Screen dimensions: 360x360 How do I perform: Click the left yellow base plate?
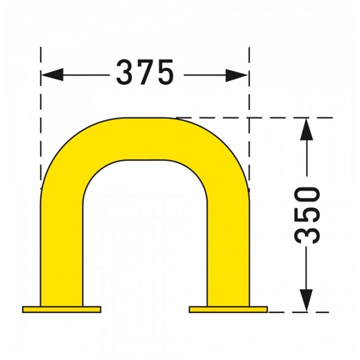61,309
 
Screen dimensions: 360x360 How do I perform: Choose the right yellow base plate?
228,309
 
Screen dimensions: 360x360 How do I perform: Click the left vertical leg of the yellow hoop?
61,249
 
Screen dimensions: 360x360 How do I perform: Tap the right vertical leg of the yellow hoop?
228,249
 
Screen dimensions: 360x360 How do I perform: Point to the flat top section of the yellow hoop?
145,138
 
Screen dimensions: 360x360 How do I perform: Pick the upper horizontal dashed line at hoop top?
277,117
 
